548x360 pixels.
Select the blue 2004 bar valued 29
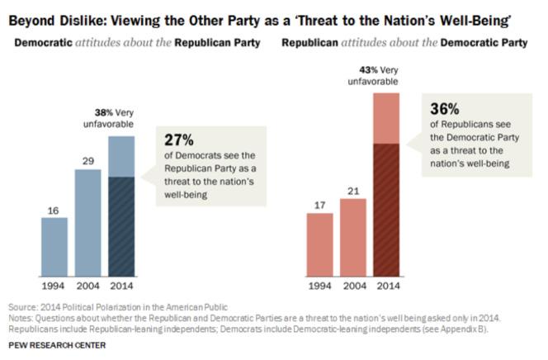87,225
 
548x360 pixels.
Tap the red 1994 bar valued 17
319,244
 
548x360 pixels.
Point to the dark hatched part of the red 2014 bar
387,210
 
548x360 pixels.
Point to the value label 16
54,210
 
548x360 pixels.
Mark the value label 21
353,192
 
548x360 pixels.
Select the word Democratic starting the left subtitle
39,41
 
